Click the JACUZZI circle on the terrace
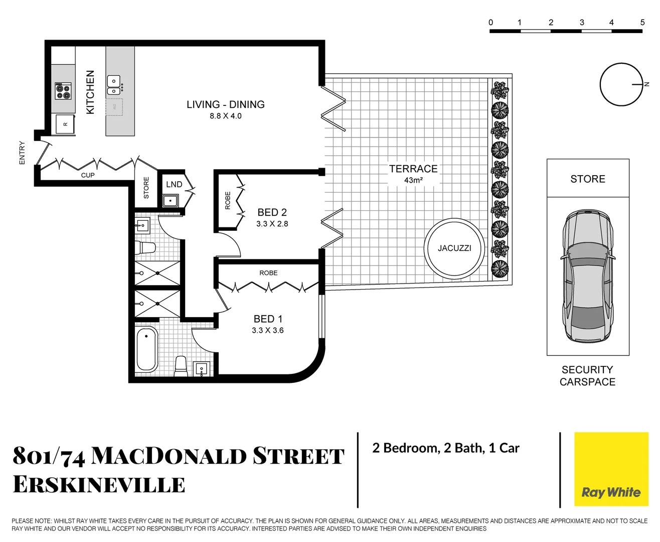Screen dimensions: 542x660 pyautogui.click(x=454, y=248)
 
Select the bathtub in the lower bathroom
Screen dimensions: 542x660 pyautogui.click(x=146, y=349)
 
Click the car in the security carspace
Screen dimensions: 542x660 pyautogui.click(x=587, y=277)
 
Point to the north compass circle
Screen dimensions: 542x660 pyautogui.click(x=621, y=84)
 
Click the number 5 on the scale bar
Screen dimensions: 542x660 pyautogui.click(x=642, y=23)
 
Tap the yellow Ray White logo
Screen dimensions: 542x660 pyautogui.click(x=611, y=469)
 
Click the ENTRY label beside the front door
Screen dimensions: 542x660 pyautogui.click(x=22, y=153)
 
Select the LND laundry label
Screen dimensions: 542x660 pyautogui.click(x=174, y=185)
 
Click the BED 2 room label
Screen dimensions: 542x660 pyautogui.click(x=272, y=213)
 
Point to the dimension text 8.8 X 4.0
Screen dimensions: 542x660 pyautogui.click(x=225, y=116)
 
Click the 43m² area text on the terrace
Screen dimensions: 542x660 pyautogui.click(x=413, y=180)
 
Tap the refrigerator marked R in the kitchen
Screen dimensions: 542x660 pyautogui.click(x=65, y=124)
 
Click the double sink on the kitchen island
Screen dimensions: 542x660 pyautogui.click(x=114, y=85)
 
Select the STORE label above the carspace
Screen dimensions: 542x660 pyautogui.click(x=587, y=179)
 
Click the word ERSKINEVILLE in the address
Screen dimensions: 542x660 pyautogui.click(x=99, y=485)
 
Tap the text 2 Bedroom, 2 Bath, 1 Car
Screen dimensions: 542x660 pyautogui.click(x=445, y=448)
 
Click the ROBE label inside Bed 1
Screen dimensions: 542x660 pyautogui.click(x=268, y=273)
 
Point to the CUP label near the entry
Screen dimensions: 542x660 pyautogui.click(x=88, y=175)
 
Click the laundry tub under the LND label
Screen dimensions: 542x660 pyautogui.click(x=171, y=201)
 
